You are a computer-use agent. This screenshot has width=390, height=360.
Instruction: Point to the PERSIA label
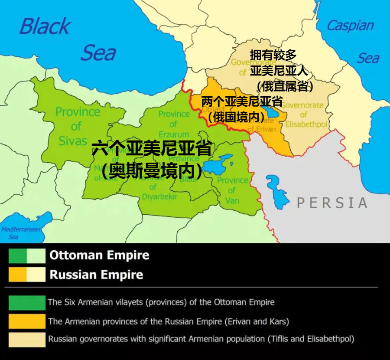pyautogui.click(x=332, y=203)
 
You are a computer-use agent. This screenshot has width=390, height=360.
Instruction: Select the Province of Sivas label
pyautogui.click(x=77, y=126)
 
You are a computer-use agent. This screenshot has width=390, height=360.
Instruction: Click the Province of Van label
pyautogui.click(x=232, y=190)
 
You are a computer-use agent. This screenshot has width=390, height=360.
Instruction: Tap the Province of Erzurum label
pyautogui.click(x=174, y=124)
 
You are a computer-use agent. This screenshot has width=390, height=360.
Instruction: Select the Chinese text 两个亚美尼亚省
pyautogui.click(x=242, y=102)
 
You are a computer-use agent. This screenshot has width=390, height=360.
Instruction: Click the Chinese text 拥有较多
pyautogui.click(x=273, y=55)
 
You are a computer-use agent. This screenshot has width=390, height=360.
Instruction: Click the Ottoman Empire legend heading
pyautogui.click(x=99, y=255)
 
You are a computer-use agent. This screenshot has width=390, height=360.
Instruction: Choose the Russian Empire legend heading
pyautogui.click(x=96, y=275)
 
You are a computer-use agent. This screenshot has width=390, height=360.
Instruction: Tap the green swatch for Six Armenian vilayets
pyautogui.click(x=27, y=302)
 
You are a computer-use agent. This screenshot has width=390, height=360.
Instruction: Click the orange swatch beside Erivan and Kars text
pyautogui.click(x=27, y=321)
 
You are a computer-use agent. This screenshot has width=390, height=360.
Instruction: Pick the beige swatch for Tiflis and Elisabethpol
pyautogui.click(x=27, y=339)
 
